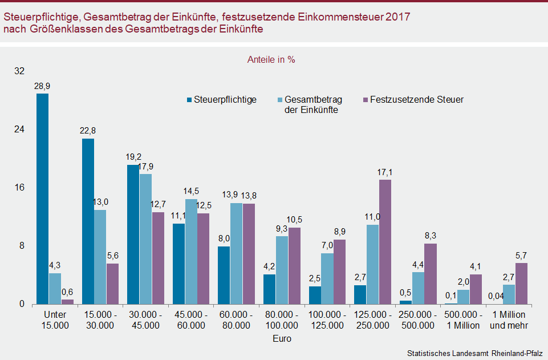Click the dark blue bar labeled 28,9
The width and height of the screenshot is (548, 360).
(x=42, y=199)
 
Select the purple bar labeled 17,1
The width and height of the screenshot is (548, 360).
(x=385, y=241)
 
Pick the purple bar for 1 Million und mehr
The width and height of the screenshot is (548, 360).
(x=521, y=283)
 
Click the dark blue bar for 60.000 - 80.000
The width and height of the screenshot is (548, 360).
(x=224, y=275)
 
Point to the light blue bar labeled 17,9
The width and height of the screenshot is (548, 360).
(x=145, y=238)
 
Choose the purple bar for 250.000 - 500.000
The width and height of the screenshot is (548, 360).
(x=431, y=274)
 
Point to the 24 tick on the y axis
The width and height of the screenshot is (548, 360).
(x=20, y=130)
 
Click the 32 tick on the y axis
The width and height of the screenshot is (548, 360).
(x=20, y=71)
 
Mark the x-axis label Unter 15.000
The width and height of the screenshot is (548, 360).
(x=55, y=320)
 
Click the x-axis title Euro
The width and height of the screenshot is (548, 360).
(x=282, y=339)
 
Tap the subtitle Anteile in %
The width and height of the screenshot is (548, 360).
(x=271, y=59)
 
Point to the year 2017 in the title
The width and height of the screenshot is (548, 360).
(x=396, y=17)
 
